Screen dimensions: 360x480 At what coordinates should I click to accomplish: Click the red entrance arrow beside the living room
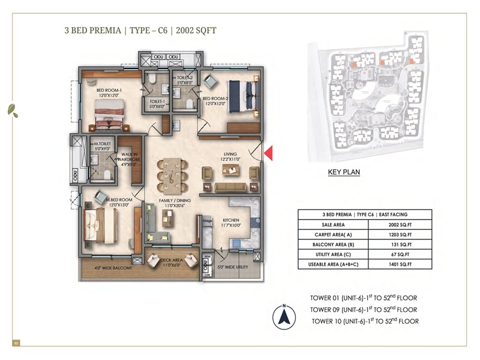click(269, 152)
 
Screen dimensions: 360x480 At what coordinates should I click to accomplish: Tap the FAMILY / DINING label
click(175, 203)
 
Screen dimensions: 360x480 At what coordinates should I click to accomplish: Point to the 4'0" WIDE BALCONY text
click(113, 268)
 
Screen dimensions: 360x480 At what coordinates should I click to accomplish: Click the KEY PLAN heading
click(344, 173)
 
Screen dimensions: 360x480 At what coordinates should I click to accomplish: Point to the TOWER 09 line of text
click(364, 310)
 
